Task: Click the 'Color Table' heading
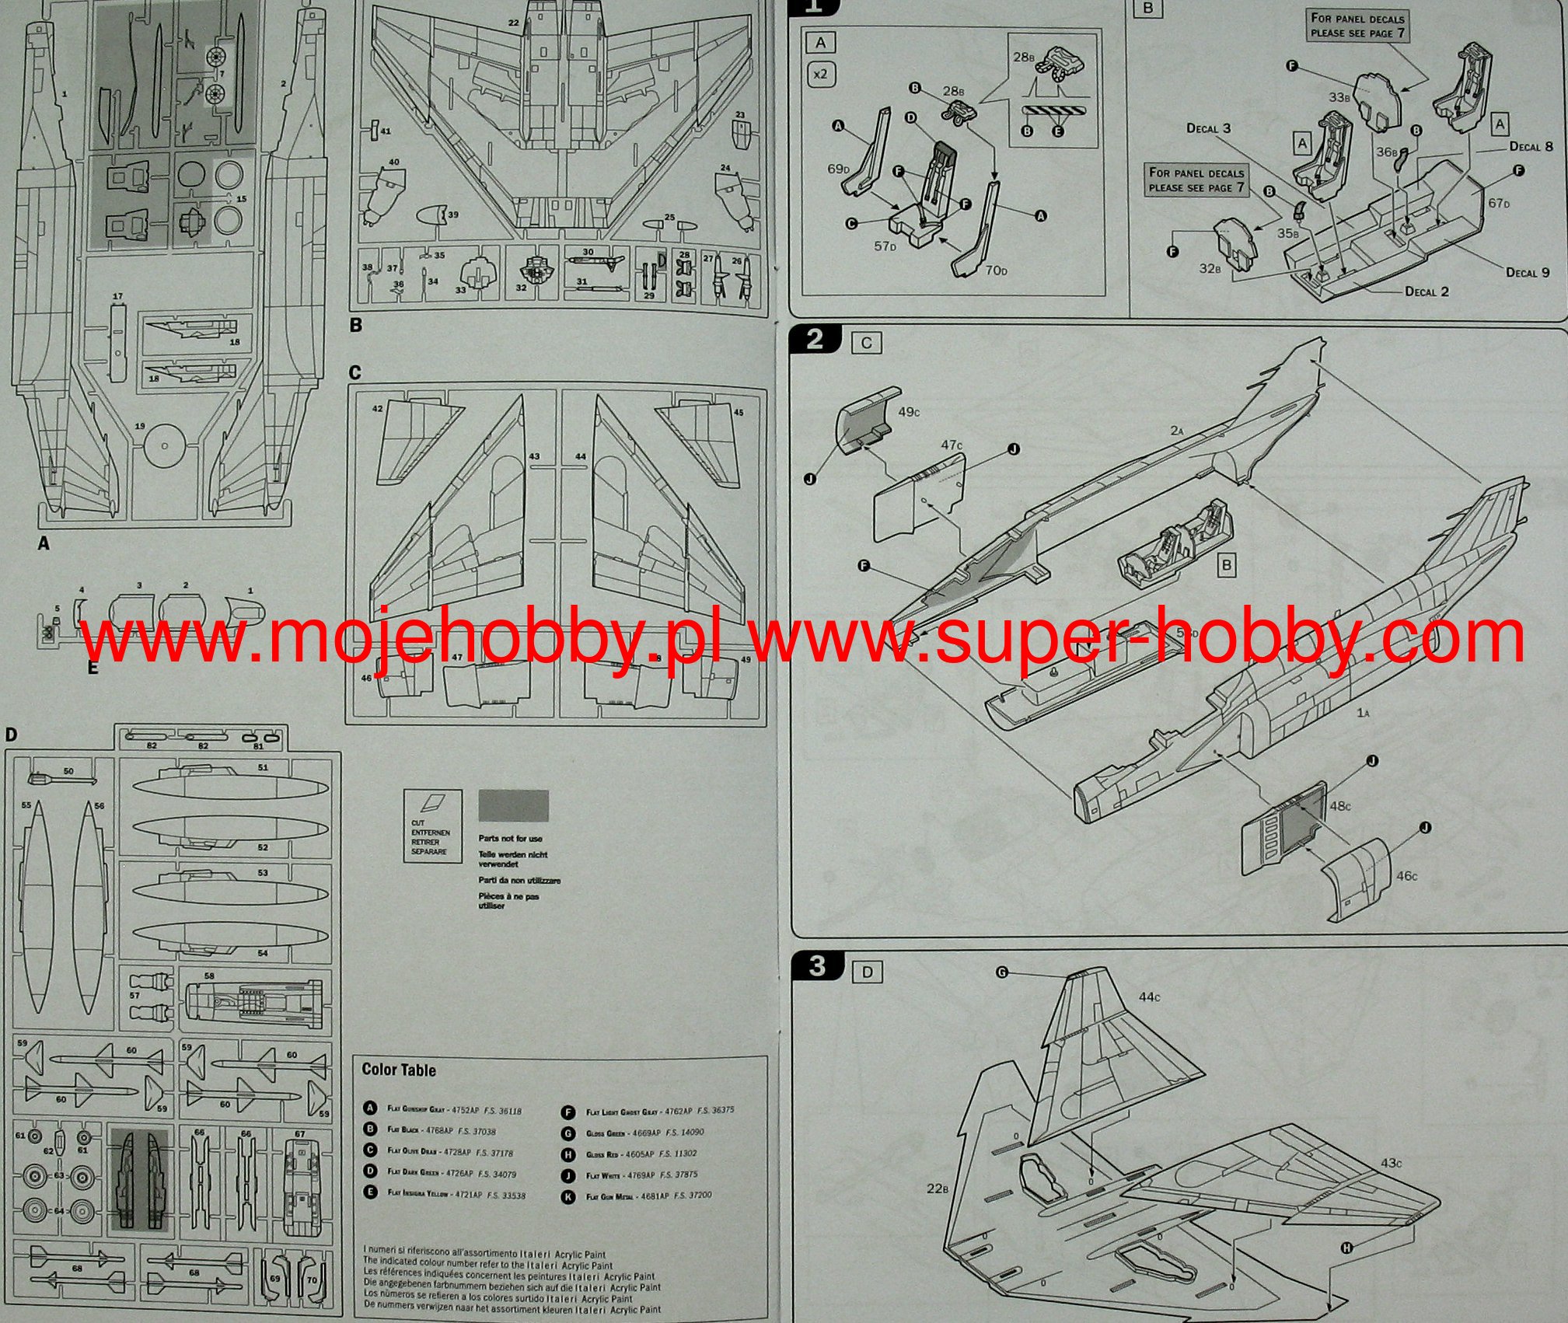[399, 1070]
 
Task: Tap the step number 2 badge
[815, 340]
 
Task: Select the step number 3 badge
[816, 966]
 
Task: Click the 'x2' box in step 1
[819, 75]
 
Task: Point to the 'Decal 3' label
[1208, 128]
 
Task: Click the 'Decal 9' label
[1528, 272]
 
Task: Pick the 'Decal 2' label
[1427, 291]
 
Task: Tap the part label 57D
[885, 246]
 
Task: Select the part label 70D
[995, 271]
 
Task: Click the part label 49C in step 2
[908, 411]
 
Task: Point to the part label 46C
[1406, 876]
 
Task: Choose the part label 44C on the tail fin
[1149, 997]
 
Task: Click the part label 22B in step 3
[938, 1188]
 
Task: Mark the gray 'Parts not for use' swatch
[513, 806]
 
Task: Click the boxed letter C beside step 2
[867, 344]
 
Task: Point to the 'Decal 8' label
[1531, 146]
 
